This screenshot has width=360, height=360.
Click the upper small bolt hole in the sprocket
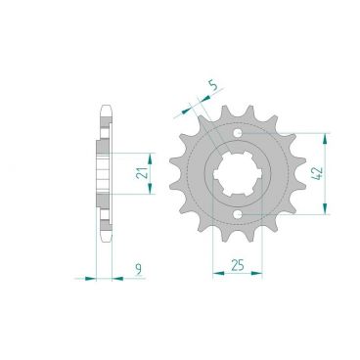pyautogui.click(x=239, y=133)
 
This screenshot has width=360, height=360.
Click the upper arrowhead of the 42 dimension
pyautogui.click(x=323, y=136)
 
